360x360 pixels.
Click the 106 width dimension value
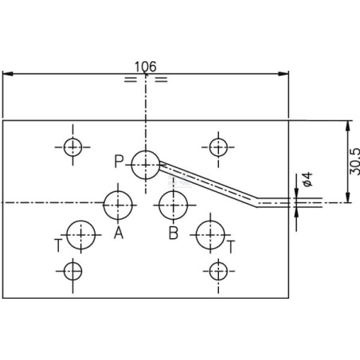[x=146, y=67]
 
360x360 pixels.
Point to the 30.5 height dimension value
[x=354, y=162]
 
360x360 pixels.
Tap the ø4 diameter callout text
[x=308, y=179]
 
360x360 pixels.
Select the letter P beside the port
[x=119, y=161]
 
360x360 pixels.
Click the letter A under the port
[x=119, y=233]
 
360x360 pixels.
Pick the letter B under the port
[x=174, y=233]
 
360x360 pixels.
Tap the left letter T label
[x=58, y=245]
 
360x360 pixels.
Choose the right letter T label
[x=231, y=247]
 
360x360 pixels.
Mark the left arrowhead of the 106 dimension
[x=7, y=73]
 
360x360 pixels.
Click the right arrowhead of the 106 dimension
[x=284, y=73]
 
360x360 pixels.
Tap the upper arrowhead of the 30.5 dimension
[x=347, y=126]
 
